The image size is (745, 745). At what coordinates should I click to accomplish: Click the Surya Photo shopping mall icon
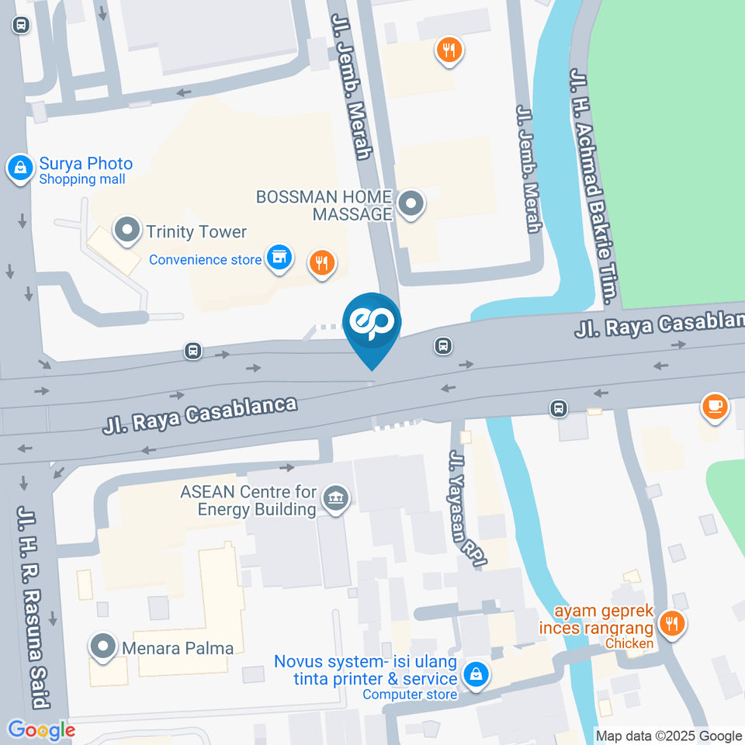[19, 167]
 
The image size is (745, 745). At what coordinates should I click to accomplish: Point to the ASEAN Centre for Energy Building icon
[336, 499]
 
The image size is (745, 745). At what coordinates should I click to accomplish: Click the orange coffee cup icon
[714, 405]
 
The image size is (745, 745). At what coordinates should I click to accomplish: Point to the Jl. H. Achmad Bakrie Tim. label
[593, 186]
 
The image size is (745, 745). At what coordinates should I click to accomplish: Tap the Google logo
[41, 729]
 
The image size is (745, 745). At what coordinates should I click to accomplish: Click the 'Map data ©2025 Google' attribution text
[668, 736]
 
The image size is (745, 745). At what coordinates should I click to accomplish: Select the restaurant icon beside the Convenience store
[321, 263]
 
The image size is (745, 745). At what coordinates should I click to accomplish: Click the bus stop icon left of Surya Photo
[20, 25]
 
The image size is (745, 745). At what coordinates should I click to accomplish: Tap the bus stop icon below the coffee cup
[558, 407]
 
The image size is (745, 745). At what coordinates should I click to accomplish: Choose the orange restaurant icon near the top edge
[449, 50]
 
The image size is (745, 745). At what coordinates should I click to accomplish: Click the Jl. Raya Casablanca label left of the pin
[200, 414]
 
